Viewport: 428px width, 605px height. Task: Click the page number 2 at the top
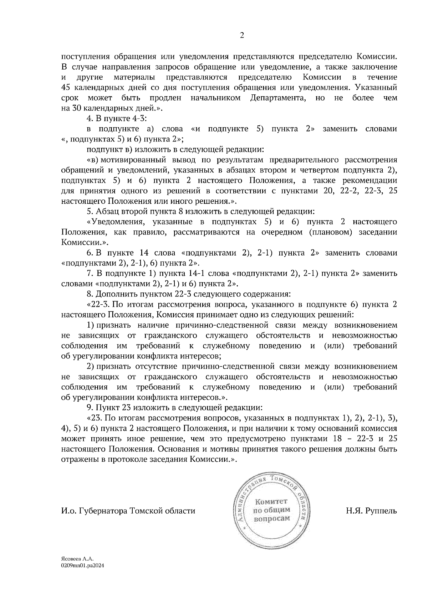(x=241, y=36)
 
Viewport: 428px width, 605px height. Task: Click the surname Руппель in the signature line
(x=381, y=511)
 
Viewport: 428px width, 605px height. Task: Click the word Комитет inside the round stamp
(x=271, y=502)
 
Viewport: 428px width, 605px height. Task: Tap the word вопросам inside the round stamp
(x=271, y=519)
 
